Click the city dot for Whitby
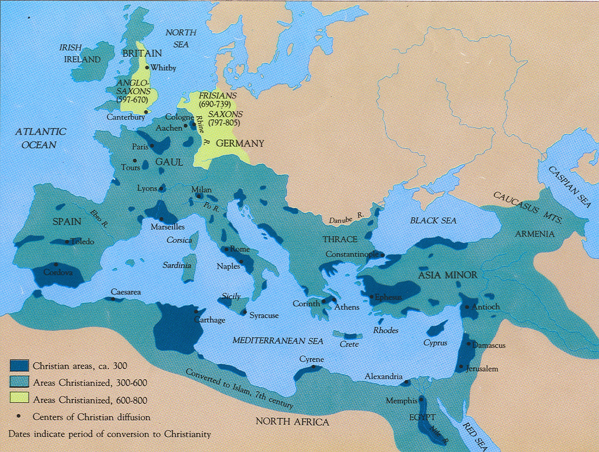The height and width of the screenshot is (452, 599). [x=147, y=67]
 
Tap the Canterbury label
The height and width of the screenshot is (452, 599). [x=126, y=117]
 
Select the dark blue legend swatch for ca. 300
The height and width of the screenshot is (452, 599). [x=19, y=366]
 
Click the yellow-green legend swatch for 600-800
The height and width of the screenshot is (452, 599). [x=19, y=399]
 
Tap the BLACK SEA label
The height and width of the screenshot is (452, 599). [x=433, y=220]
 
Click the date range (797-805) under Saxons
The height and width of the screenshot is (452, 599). [x=224, y=123]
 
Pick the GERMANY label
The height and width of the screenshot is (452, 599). [x=240, y=143]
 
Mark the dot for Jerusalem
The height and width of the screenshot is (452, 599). [x=461, y=367]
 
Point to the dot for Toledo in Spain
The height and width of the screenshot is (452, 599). [x=67, y=242]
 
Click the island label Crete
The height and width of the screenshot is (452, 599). [x=349, y=344]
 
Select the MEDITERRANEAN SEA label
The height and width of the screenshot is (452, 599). [x=277, y=340]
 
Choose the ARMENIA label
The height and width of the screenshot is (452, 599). [x=535, y=234]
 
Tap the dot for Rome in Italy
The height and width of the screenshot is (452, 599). [x=226, y=249]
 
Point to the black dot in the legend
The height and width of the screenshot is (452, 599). [x=19, y=416]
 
